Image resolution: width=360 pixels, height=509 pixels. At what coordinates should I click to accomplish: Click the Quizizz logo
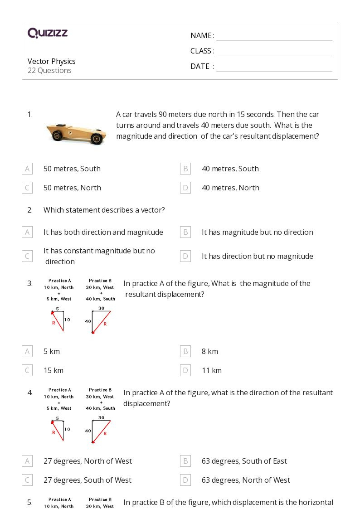[x=48, y=33]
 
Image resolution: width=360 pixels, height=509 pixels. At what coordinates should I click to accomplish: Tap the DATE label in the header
[x=200, y=66]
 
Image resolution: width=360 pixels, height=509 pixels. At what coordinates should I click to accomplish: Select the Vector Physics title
[x=52, y=61]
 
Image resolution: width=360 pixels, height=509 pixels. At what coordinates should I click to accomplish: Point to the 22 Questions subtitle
[x=49, y=70]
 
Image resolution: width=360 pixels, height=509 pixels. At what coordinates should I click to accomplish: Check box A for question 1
[x=27, y=169]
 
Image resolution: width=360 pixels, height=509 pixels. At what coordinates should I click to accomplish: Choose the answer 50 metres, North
[x=72, y=188]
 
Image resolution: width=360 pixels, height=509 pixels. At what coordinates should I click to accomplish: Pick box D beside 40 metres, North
[x=185, y=188]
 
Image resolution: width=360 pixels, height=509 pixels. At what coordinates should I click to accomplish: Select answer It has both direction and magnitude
[x=103, y=232]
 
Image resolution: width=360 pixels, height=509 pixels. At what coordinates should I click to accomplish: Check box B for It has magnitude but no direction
[x=185, y=232]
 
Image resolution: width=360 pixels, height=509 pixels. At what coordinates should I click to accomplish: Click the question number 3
[x=30, y=283]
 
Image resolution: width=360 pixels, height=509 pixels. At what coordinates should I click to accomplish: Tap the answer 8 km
[x=210, y=351]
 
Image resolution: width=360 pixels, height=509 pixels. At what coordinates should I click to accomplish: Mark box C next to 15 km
[x=27, y=370]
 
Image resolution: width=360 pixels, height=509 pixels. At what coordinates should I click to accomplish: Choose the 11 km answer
[x=212, y=370]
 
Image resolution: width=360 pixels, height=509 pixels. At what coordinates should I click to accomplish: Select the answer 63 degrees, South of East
[x=244, y=461]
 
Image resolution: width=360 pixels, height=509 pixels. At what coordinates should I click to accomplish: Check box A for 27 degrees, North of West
[x=27, y=461]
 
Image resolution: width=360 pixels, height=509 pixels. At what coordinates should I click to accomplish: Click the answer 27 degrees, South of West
[x=88, y=480]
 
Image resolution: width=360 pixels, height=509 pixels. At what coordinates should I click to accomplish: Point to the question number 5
[x=30, y=502]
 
